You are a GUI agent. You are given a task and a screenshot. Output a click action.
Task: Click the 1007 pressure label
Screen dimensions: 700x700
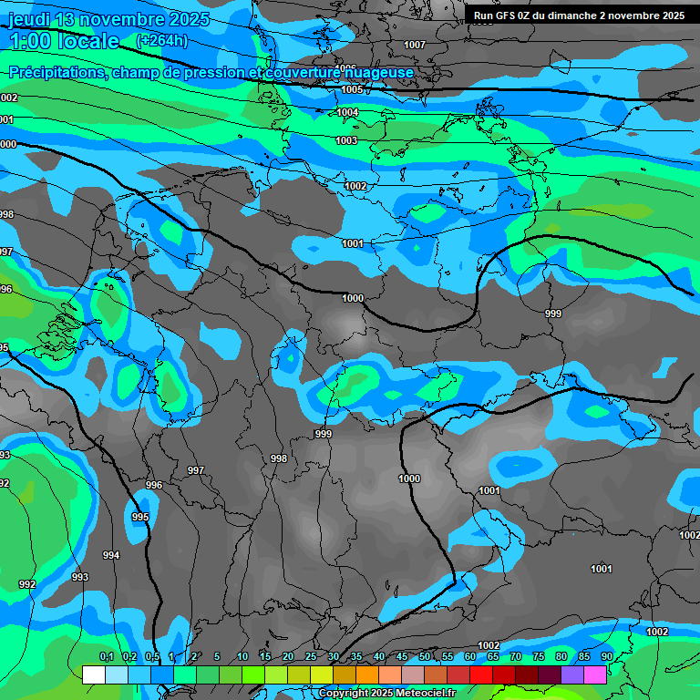(415, 45)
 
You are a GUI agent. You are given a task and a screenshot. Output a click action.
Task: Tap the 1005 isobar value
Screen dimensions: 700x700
(353, 89)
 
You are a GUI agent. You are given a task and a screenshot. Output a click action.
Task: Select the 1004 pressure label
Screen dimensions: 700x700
(347, 112)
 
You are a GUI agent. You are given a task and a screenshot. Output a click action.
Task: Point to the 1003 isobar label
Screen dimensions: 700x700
(346, 140)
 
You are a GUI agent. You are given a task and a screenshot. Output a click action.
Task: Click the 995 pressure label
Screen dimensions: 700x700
(140, 517)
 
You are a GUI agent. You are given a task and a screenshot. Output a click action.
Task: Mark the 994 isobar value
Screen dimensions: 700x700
(111, 555)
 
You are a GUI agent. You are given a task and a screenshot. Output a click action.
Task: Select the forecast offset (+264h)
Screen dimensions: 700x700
(161, 40)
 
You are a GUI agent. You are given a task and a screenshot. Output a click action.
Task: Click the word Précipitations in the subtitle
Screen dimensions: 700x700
(56, 72)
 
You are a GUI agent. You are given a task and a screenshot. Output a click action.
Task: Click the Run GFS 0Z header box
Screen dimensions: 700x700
(579, 15)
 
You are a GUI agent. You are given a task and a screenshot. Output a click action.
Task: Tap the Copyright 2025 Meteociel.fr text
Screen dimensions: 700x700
(386, 693)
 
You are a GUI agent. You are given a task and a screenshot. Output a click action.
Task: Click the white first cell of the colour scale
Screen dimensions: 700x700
(93, 674)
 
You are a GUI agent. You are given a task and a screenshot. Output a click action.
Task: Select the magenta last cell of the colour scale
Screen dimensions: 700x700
(595, 674)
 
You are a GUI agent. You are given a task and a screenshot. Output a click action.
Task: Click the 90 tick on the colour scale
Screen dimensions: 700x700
(607, 656)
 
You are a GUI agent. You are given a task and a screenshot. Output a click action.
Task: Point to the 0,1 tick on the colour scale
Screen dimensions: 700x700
(106, 656)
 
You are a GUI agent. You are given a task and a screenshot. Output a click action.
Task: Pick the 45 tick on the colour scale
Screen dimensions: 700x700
(402, 656)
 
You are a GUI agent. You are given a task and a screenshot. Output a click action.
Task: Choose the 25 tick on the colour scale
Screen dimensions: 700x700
(311, 656)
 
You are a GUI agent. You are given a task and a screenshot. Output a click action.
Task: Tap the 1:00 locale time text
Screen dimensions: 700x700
(64, 41)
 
